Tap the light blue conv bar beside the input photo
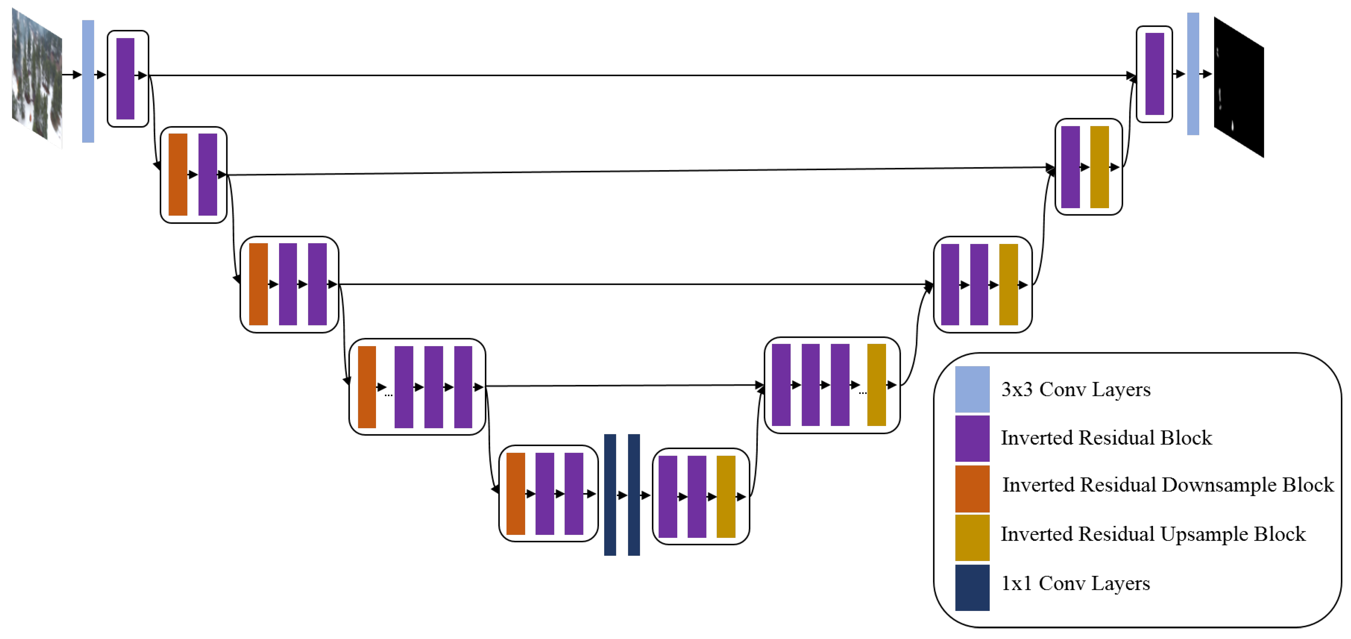[x=88, y=81]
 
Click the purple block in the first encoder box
[x=125, y=79]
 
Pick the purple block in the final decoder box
[x=1154, y=74]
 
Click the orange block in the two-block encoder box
[x=178, y=175]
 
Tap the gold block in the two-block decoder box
[x=1099, y=167]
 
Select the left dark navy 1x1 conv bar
[x=610, y=494]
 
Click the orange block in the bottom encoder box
[x=516, y=494]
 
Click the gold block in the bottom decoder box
[x=726, y=496]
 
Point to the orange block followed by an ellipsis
[x=367, y=387]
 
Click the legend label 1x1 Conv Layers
[x=1075, y=583]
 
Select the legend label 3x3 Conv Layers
[x=1075, y=389]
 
